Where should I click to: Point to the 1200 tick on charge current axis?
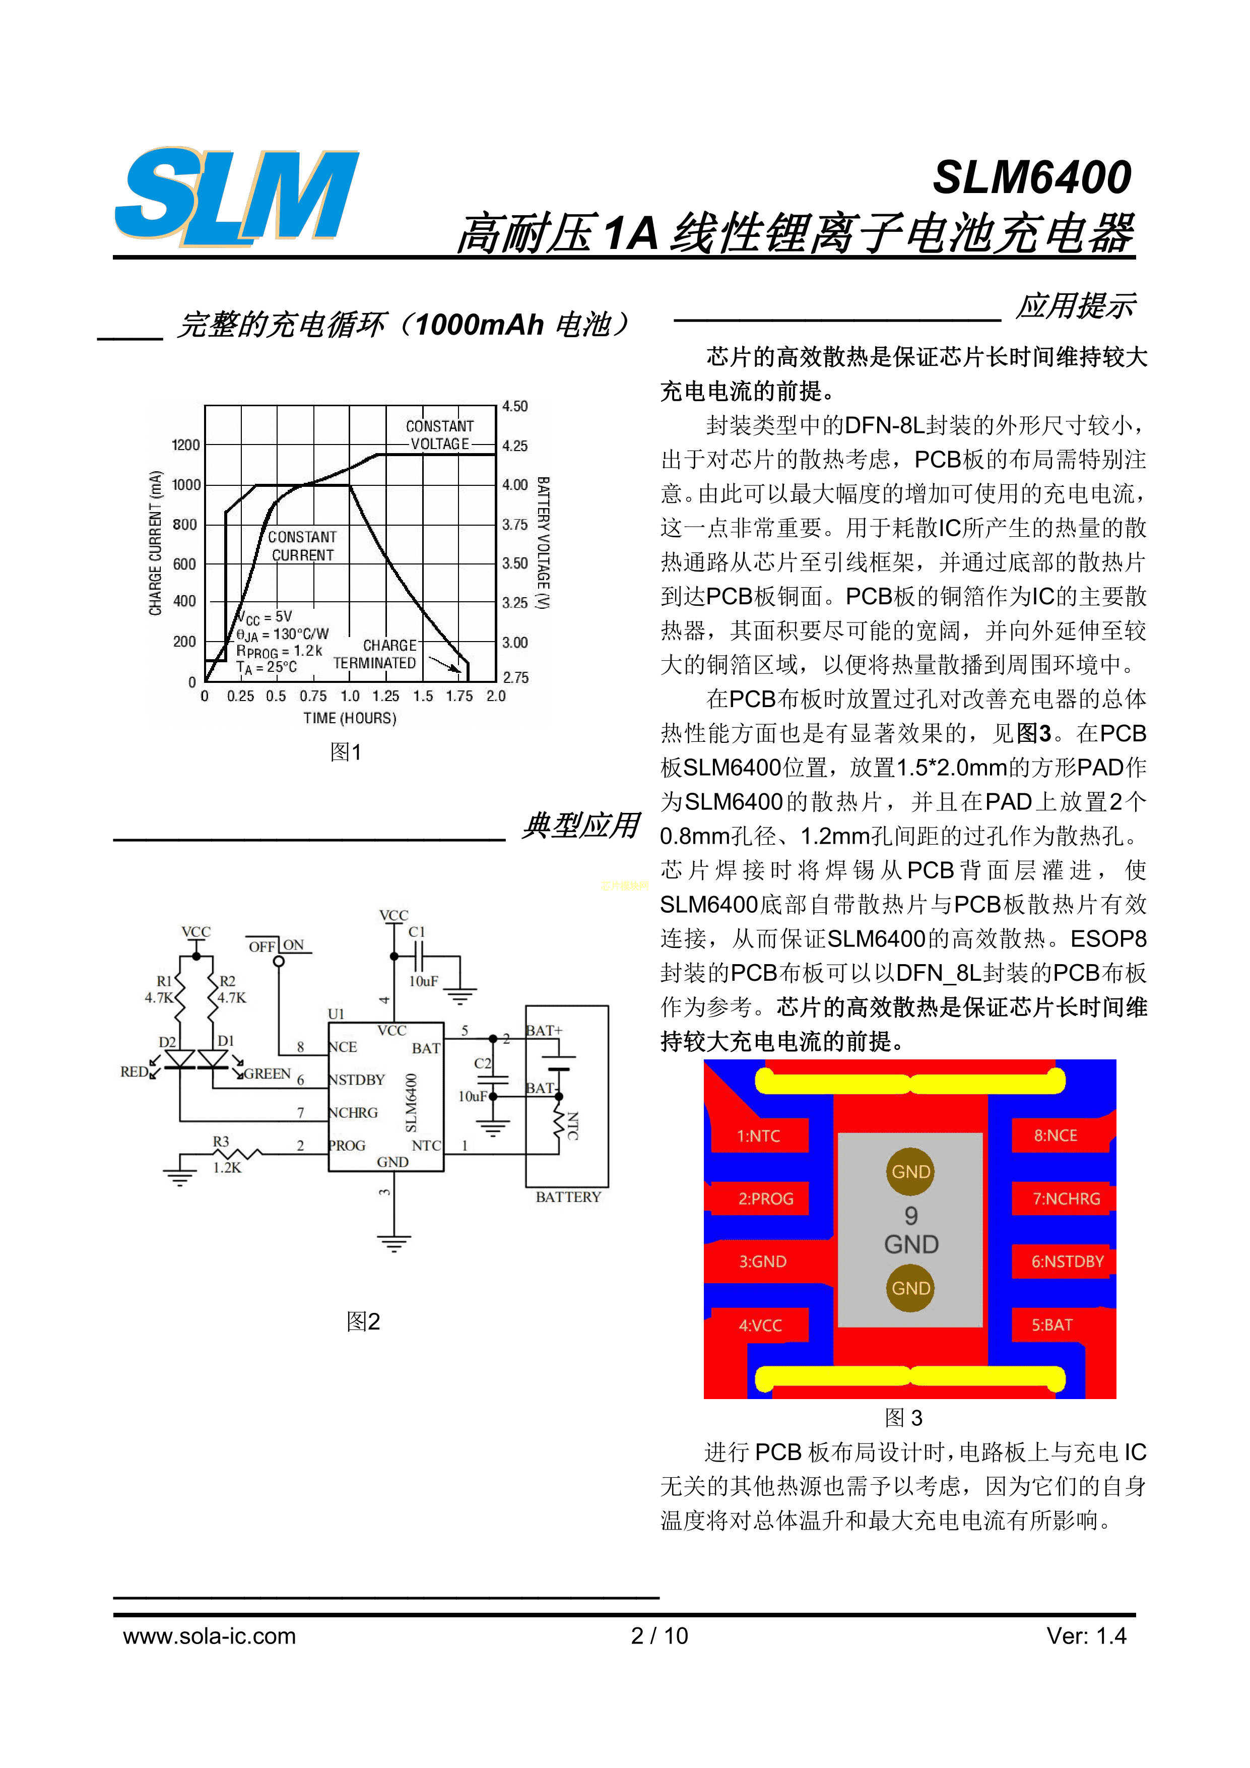(185, 445)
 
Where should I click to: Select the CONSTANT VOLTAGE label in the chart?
(439, 435)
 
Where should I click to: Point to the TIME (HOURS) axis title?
(350, 718)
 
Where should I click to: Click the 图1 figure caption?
(346, 752)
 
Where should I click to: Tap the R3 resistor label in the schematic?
(221, 1141)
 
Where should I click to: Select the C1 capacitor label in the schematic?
(416, 932)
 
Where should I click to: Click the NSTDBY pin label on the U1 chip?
(356, 1080)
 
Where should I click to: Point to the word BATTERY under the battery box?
(568, 1196)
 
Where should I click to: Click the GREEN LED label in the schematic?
(267, 1074)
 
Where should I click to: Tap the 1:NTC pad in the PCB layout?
(759, 1136)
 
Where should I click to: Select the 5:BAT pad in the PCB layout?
(1053, 1325)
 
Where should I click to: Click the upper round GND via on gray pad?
(910, 1171)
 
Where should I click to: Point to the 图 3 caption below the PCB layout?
(904, 1418)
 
